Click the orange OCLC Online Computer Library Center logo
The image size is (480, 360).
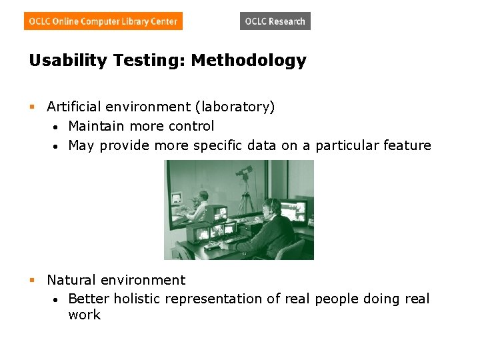click(103, 21)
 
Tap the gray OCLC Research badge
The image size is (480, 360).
click(275, 21)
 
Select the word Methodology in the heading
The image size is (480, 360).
click(249, 61)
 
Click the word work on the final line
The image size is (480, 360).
click(84, 315)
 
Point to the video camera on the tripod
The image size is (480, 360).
click(243, 172)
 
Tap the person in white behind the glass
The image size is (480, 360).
click(199, 203)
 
